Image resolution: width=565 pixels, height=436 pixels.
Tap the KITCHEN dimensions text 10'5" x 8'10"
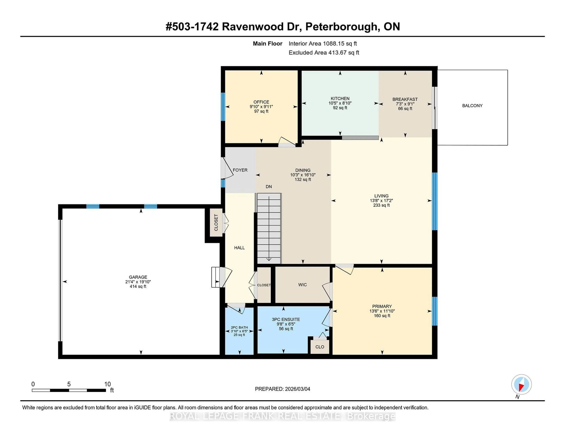[x=340, y=103]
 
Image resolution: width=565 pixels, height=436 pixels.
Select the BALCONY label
[x=472, y=106]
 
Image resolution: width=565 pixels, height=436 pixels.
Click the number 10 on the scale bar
[x=107, y=384]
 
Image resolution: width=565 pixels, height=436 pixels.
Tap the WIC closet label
[x=302, y=285]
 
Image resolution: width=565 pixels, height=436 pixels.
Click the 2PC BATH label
[x=239, y=328]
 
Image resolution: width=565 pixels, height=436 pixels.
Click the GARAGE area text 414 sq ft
[x=138, y=286]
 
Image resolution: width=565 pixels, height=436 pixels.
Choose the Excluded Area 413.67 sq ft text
[x=324, y=53]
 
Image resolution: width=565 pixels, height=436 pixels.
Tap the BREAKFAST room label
[x=405, y=99]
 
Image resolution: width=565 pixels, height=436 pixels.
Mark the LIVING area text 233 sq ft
[x=381, y=205]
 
